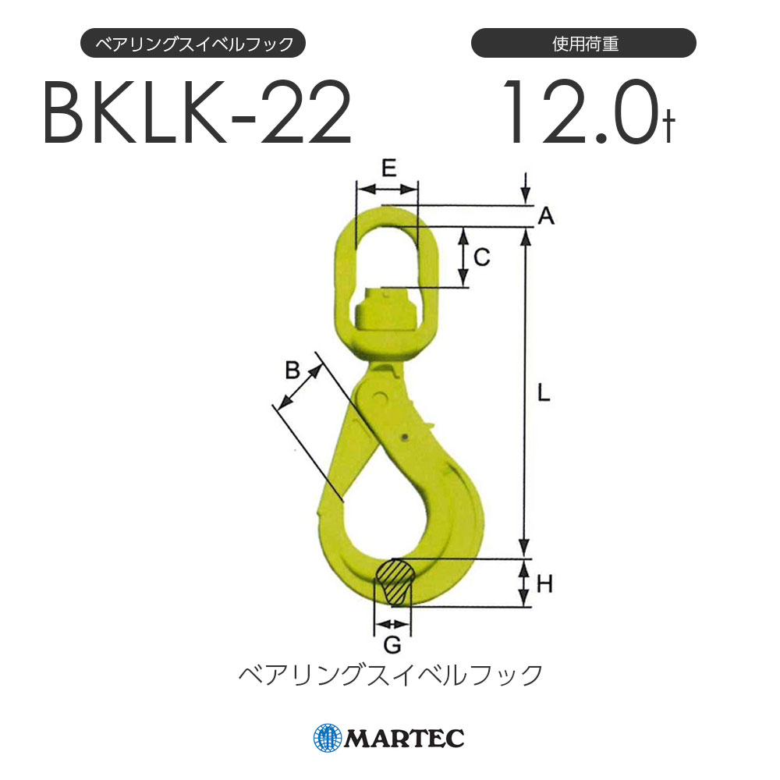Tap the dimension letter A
click(546, 217)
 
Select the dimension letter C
click(482, 257)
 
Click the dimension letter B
click(292, 370)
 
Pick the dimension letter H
click(544, 583)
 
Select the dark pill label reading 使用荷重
click(583, 44)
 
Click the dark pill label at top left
click(193, 44)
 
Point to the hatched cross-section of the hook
click(393, 581)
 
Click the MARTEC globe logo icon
click(328, 737)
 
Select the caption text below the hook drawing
click(390, 675)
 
